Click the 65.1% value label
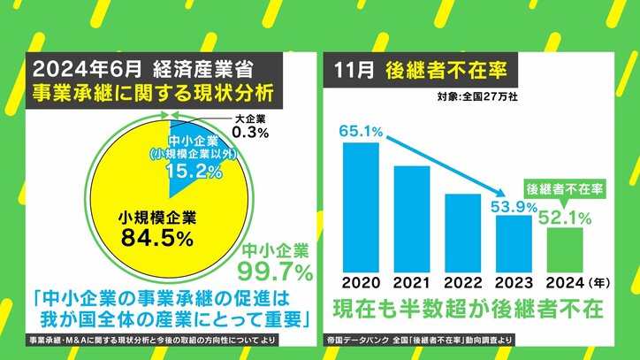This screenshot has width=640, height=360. [360, 131]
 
